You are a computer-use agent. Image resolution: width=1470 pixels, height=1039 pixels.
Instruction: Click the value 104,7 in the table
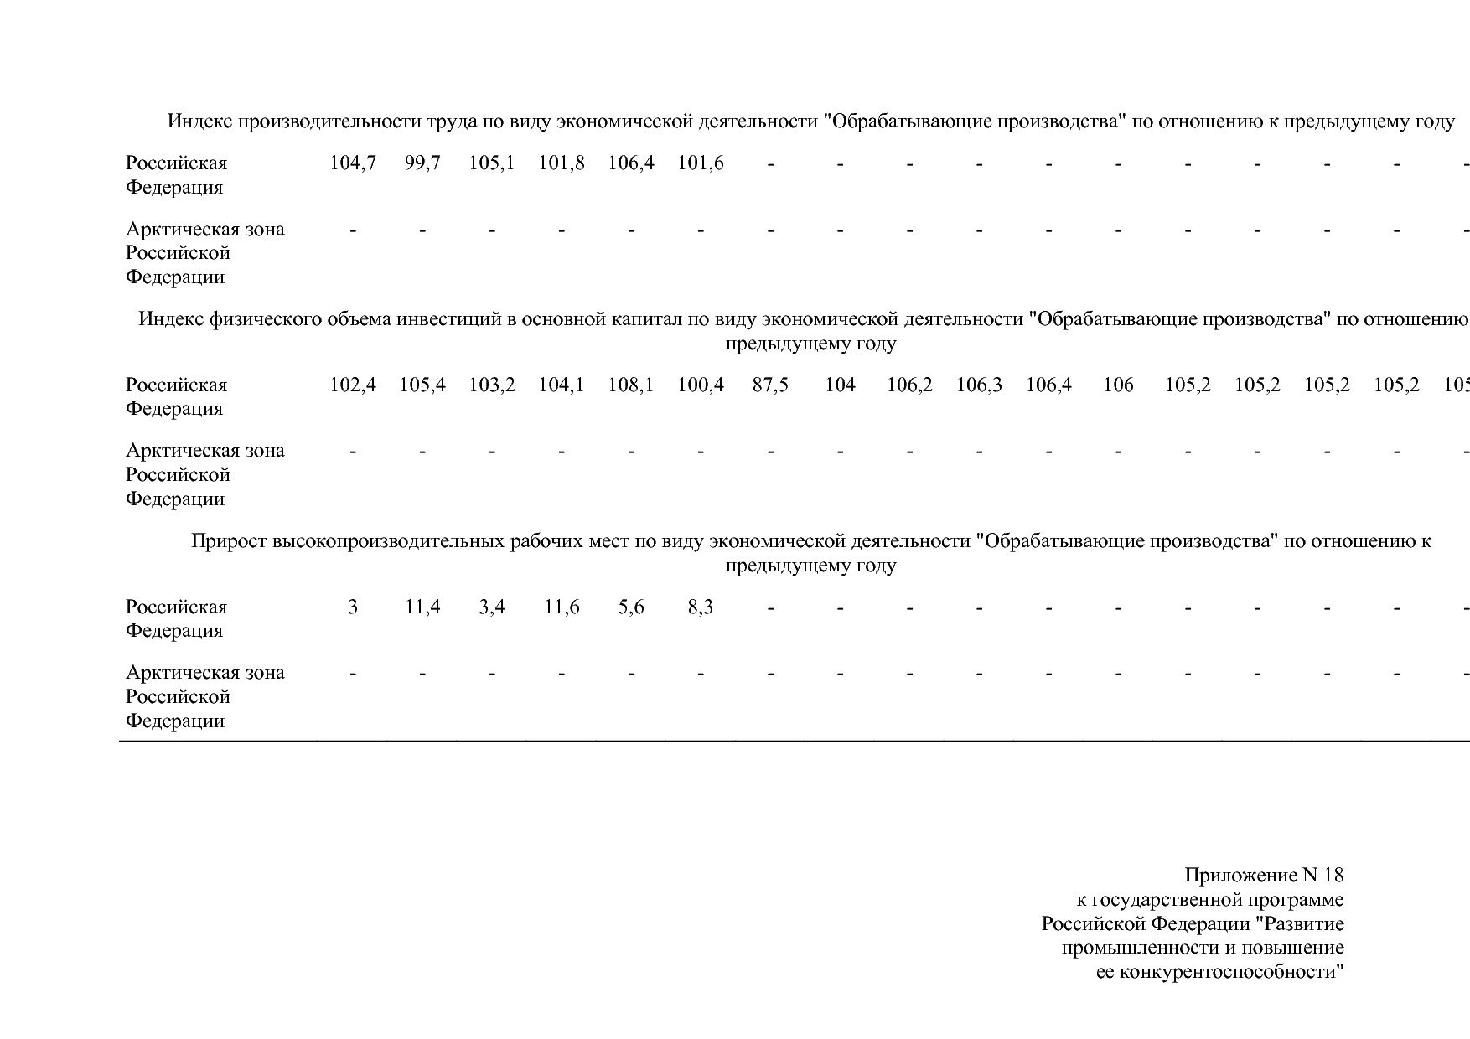pos(353,163)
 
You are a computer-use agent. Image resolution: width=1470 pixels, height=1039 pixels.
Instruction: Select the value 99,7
pos(422,163)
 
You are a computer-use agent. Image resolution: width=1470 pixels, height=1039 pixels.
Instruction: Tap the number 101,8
pos(562,163)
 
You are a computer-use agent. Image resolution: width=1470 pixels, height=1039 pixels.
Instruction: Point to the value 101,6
pos(701,163)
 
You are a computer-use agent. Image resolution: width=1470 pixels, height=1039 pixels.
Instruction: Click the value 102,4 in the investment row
pos(353,385)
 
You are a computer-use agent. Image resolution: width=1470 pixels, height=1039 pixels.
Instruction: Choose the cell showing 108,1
pos(631,385)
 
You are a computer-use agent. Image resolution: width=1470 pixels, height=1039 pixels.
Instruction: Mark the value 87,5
pos(770,385)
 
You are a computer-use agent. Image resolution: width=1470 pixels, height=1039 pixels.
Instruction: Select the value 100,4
pos(701,385)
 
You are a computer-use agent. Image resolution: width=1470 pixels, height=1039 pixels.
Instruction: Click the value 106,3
pos(979,385)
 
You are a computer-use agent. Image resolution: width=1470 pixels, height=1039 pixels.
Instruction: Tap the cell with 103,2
pos(492,385)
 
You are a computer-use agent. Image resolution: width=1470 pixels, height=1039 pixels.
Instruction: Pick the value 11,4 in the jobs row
pos(422,607)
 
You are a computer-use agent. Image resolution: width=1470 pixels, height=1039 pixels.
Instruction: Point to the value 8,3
pos(701,607)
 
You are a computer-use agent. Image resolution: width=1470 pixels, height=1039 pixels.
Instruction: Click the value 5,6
pos(631,607)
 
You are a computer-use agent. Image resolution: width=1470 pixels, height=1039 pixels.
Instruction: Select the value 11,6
pos(562,607)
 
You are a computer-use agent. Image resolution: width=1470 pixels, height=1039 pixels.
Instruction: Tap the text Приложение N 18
pos(1263,876)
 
